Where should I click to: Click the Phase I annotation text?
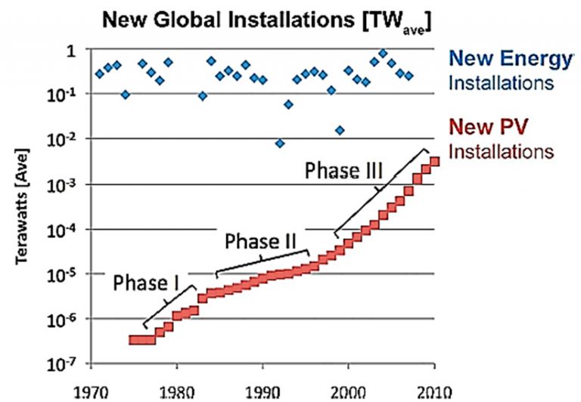(146, 283)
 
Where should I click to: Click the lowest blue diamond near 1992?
(280, 143)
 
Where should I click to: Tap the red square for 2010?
(434, 161)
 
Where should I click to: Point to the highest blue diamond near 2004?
(383, 54)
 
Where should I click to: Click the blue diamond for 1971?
(100, 74)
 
